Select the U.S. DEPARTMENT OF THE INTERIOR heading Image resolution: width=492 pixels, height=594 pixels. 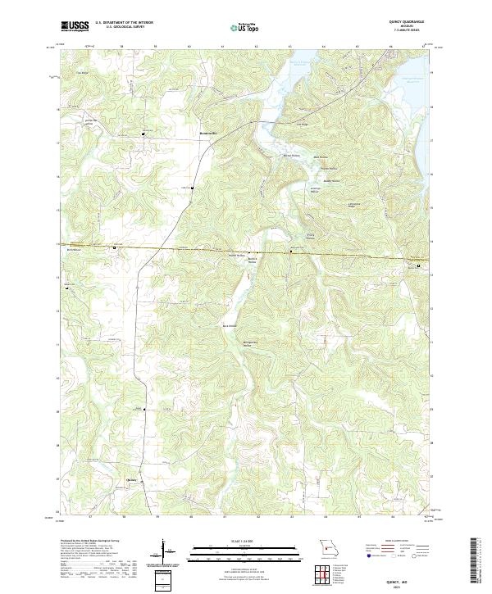pyautogui.click(x=124, y=23)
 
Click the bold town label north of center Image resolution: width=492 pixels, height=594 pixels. pyautogui.click(x=210, y=134)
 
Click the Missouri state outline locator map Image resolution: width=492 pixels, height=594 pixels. pyautogui.click(x=327, y=545)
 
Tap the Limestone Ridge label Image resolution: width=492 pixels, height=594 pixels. pyautogui.click(x=354, y=204)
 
